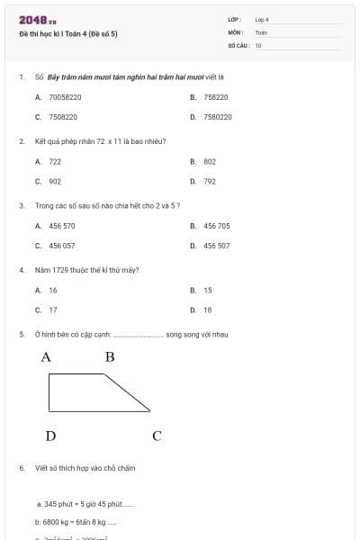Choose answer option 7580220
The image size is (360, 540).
point(217,117)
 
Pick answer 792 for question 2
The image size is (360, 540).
point(209,181)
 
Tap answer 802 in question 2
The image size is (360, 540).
point(209,161)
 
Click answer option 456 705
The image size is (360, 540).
point(216,226)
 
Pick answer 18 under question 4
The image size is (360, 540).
point(208,310)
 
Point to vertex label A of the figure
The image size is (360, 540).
point(46,357)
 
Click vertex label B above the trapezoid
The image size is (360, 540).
point(110,357)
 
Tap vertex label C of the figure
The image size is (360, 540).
point(157,436)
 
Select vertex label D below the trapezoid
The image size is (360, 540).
point(50,436)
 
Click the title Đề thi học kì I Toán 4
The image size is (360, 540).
point(68,34)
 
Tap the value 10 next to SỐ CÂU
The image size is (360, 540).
point(258,45)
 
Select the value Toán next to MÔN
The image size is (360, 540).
point(261,32)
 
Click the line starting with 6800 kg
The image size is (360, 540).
point(76,521)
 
